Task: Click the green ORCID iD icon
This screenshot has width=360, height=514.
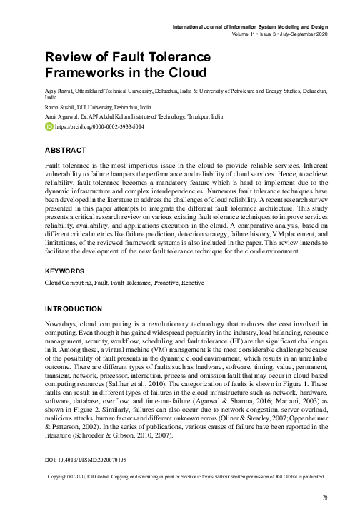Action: pos(49,126)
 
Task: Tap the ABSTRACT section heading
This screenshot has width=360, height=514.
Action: pos(65,151)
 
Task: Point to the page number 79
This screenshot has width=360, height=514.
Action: pos(324,498)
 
